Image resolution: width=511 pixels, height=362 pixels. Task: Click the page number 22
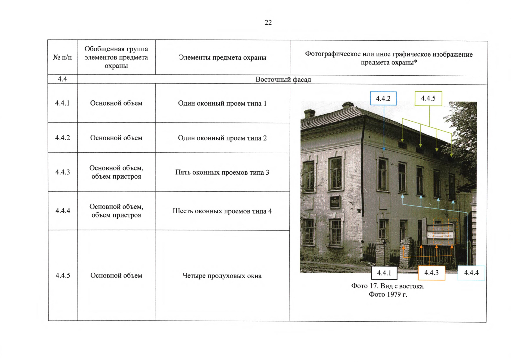click(268, 22)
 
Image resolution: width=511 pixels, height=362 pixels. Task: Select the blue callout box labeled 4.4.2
click(383, 99)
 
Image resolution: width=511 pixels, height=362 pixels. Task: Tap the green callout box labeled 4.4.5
click(428, 98)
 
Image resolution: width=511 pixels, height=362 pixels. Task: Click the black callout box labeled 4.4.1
click(384, 273)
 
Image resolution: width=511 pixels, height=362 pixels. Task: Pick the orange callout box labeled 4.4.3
click(432, 273)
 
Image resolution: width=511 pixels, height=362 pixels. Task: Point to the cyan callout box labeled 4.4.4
click(471, 273)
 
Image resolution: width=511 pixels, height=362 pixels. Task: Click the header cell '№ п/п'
click(62, 57)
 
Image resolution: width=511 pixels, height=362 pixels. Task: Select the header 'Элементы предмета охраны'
click(223, 57)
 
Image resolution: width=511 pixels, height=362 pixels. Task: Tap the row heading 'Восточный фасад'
click(283, 80)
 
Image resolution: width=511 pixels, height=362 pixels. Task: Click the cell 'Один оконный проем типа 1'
click(223, 103)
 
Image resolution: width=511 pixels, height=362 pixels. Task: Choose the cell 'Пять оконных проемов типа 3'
click(222, 172)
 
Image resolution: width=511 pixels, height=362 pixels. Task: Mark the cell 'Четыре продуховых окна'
click(222, 276)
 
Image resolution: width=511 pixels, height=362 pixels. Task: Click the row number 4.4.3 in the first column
click(63, 172)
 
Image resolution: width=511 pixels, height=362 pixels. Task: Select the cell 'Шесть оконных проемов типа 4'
click(222, 211)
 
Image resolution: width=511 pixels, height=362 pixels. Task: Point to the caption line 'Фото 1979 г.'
click(388, 294)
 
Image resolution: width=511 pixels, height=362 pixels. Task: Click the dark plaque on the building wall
click(335, 202)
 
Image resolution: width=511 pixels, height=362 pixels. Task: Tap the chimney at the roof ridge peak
click(348, 105)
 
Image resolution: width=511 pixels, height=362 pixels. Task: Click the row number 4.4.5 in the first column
click(63, 275)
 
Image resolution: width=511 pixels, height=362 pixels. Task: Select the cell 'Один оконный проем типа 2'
click(223, 138)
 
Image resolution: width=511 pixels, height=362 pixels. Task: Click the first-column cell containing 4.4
click(62, 79)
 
